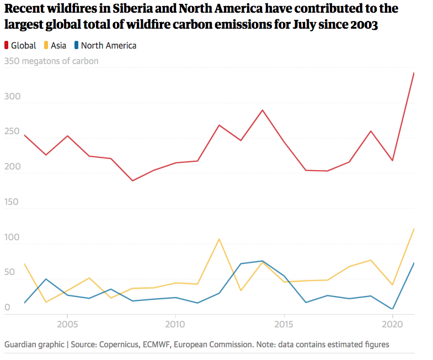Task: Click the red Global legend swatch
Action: (x=7, y=46)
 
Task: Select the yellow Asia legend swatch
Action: (x=46, y=46)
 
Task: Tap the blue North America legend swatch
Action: (x=77, y=46)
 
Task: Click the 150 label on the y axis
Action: (x=12, y=202)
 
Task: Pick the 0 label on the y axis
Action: (x=7, y=308)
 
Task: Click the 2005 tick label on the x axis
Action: (x=67, y=323)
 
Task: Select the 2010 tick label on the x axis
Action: (x=175, y=323)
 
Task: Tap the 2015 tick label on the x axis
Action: (x=284, y=323)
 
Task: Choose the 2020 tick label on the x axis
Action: (x=392, y=323)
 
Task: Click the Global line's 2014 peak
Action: (x=263, y=110)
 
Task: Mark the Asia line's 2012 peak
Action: (x=219, y=239)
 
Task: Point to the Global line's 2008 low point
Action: (x=132, y=181)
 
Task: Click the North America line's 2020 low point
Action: (x=392, y=309)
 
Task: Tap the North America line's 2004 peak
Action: (x=46, y=279)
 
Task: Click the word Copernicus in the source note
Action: (x=121, y=344)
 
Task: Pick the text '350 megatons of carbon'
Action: (x=51, y=61)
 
